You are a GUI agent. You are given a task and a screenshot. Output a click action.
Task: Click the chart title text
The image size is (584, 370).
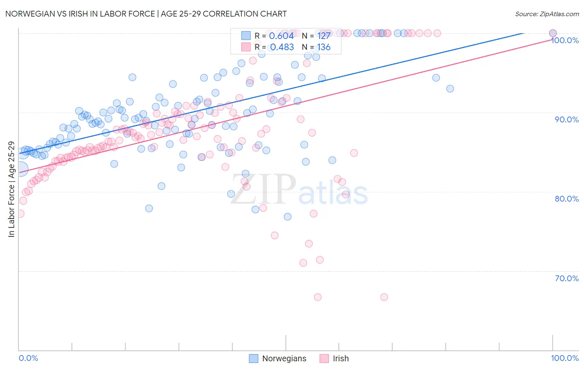point(146,14)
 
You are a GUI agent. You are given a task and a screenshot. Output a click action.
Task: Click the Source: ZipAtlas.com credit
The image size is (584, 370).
point(547,14)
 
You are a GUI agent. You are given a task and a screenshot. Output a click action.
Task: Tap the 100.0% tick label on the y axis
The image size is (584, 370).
point(565,40)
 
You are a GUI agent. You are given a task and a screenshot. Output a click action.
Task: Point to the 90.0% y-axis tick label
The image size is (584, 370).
point(567,119)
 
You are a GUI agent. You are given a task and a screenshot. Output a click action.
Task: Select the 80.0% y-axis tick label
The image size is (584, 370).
point(567,199)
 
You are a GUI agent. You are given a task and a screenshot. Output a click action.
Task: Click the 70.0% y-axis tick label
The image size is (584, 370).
point(567,278)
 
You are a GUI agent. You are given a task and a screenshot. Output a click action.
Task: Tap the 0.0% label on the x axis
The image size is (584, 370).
point(28,358)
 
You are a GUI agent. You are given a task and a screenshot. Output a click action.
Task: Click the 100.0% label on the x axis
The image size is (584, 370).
point(564,358)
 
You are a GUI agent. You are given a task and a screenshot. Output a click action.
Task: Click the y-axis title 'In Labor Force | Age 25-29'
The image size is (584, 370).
point(11,189)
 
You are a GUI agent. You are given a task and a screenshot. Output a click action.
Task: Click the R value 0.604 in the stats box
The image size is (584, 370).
point(281,36)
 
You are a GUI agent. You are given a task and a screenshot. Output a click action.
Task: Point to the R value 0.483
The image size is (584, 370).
point(282,47)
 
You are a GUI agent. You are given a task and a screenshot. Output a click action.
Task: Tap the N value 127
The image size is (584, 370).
point(324,36)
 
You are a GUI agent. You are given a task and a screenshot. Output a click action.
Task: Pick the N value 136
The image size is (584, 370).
point(324,47)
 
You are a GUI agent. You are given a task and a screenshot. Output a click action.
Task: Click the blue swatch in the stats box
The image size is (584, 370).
point(246,36)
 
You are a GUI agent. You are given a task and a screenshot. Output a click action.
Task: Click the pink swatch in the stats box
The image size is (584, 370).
point(246,47)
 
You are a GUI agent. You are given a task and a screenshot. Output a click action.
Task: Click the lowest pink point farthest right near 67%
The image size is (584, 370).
point(384,297)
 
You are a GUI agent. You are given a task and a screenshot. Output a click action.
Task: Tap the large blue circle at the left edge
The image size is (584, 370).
point(20,169)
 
